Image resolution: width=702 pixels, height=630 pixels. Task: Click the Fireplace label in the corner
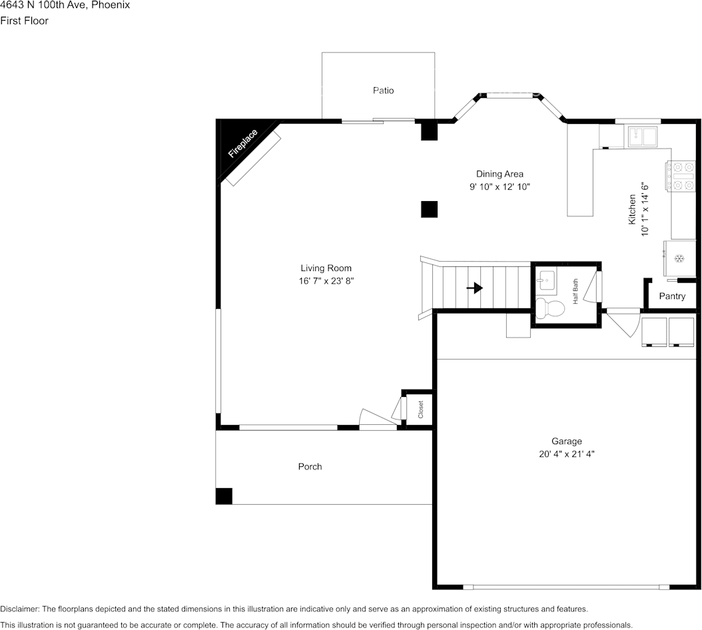242,143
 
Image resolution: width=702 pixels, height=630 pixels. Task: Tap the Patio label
383,90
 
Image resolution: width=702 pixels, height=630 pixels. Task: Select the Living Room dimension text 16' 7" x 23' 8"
326,281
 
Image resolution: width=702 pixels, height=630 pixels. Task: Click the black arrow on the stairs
474,288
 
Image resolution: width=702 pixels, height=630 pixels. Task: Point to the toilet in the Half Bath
549,308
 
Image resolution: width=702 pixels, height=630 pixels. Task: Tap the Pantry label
671,296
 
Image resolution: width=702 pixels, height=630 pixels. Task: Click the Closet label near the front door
420,409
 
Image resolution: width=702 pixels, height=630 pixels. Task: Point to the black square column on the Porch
224,496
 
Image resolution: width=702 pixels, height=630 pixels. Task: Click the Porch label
310,467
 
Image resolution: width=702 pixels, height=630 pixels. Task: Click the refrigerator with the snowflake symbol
679,258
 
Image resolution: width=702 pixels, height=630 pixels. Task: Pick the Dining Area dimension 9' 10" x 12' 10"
500,187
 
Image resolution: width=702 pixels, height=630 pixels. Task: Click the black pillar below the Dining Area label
429,209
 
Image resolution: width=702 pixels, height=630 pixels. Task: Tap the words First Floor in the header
24,21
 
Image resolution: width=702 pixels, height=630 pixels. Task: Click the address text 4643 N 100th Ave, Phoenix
65,5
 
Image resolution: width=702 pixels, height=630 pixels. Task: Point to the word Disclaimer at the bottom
19,609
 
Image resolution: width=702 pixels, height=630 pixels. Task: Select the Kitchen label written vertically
633,210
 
